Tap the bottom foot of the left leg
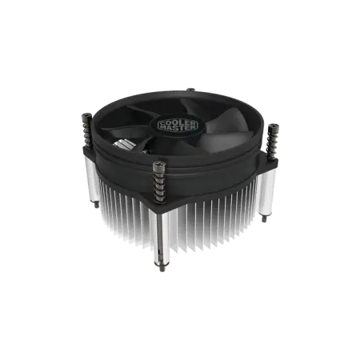pos(98,210)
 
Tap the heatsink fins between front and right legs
pos(216,216)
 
